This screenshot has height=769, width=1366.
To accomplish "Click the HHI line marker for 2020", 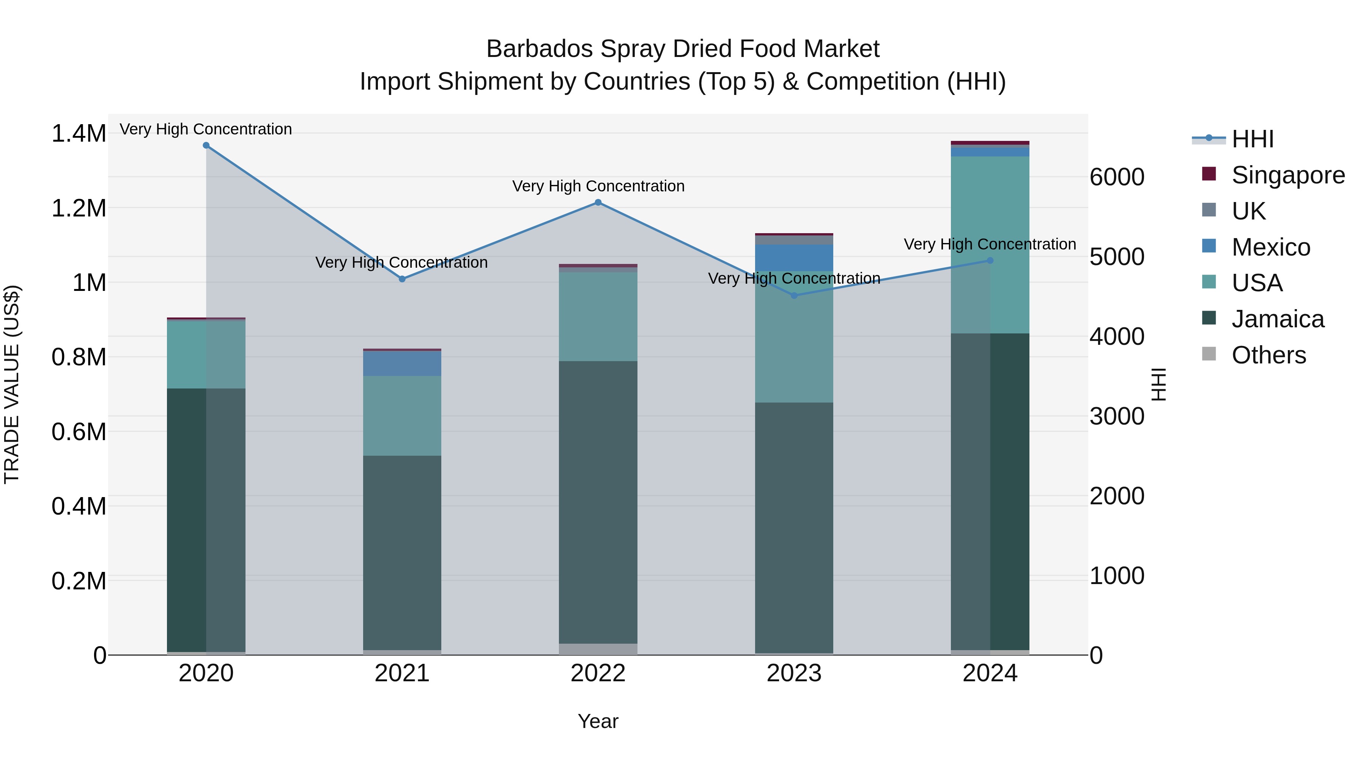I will coord(206,145).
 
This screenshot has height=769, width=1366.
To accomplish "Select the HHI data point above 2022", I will coord(598,202).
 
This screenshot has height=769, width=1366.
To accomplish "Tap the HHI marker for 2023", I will coord(794,295).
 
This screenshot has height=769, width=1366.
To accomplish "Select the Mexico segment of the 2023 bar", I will coord(794,258).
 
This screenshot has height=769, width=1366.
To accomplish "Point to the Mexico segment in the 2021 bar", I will coord(402,363).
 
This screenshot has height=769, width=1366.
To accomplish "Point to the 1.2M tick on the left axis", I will coord(79,208).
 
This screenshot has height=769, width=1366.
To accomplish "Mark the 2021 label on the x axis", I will coord(402,673).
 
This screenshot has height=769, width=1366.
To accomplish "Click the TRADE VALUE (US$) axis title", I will coord(12,384).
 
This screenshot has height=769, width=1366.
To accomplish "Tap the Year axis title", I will coord(598,721).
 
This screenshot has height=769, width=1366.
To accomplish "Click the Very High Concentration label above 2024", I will coord(990,244).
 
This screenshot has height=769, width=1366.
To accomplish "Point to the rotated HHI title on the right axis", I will coord(1159,384).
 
